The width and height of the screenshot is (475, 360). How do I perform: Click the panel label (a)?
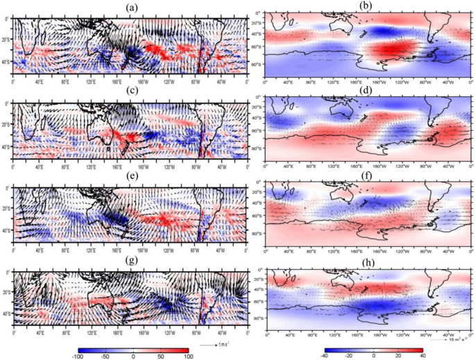[x=130, y=7]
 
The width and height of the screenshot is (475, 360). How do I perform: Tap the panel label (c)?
[x=130, y=90]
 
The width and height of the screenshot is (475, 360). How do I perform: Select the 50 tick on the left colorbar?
[x=161, y=355]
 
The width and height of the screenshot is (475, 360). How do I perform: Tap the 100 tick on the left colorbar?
[x=188, y=355]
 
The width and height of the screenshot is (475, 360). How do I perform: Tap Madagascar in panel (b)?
[x=290, y=24]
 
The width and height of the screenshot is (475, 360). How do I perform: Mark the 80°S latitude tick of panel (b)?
[x=257, y=65]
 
